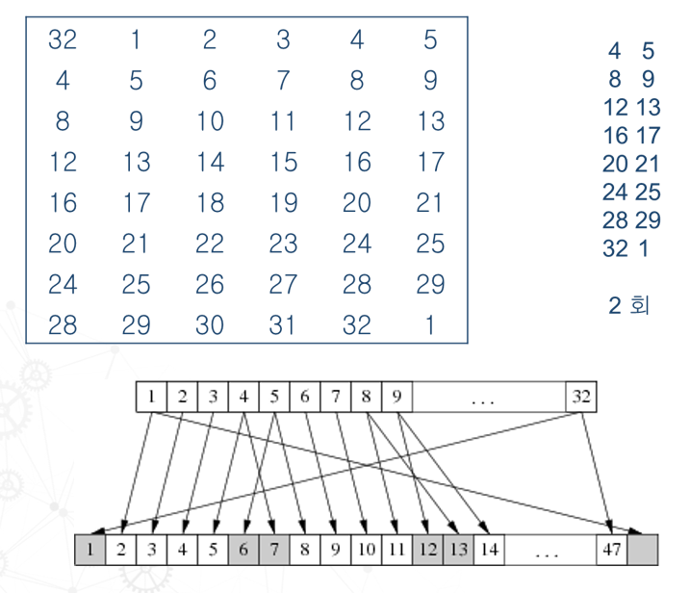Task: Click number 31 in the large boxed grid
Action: (x=283, y=325)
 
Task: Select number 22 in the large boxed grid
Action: (x=210, y=245)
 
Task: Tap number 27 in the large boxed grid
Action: (x=283, y=285)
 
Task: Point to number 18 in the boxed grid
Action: (x=210, y=203)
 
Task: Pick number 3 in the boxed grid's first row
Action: (x=283, y=40)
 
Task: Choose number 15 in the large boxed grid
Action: (x=283, y=163)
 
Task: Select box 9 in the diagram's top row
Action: (x=397, y=397)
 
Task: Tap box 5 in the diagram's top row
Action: (x=274, y=397)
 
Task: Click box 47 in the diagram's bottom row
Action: (x=609, y=551)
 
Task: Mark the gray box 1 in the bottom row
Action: (x=90, y=551)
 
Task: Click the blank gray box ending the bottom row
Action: (x=643, y=551)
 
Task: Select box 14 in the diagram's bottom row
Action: (x=489, y=551)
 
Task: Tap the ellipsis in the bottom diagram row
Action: (x=548, y=551)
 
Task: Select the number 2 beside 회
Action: (x=615, y=307)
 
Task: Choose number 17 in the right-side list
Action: (x=648, y=135)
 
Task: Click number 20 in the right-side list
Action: (x=615, y=164)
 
